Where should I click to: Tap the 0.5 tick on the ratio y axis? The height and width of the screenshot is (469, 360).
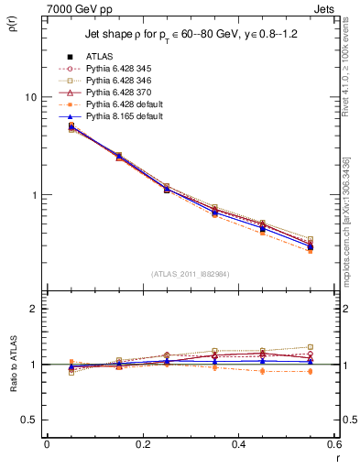coord(28,420)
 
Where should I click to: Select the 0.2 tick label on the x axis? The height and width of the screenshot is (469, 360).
coord(142,444)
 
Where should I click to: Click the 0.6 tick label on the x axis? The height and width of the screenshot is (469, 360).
coord(334,444)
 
